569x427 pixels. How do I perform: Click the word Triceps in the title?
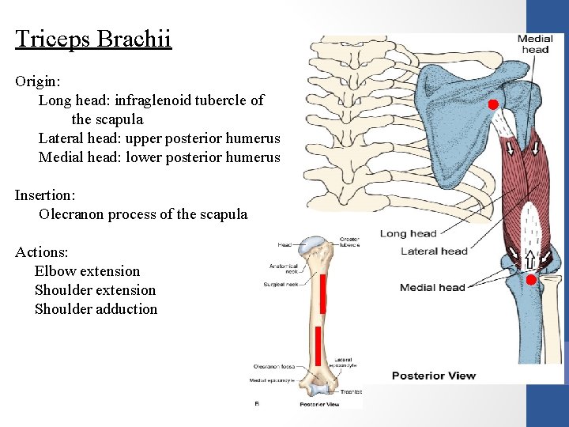pos(53,39)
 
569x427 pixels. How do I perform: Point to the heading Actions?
pos(41,252)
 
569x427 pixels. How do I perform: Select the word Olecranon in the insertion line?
pos(72,214)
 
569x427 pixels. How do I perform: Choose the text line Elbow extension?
pos(87,271)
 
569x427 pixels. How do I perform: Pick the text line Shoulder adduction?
pos(96,309)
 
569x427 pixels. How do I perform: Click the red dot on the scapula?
pos(492,104)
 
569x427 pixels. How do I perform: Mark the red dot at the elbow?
pos(531,280)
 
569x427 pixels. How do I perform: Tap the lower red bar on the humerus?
pos(318,346)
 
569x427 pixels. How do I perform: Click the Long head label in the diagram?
pos(408,233)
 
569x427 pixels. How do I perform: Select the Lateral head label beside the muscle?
pos(434,251)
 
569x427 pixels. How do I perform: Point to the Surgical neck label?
pos(281,284)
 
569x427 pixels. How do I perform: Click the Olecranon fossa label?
pos(273,367)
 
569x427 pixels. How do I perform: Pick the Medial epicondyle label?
pos(271,380)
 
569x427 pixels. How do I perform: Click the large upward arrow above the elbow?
pos(529,257)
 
